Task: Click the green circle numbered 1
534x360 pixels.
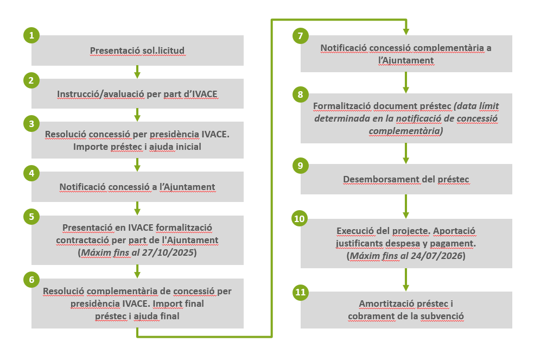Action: (31, 36)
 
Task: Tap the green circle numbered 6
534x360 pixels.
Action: (31, 280)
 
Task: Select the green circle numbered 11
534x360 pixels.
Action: (300, 292)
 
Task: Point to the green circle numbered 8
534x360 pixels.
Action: (300, 95)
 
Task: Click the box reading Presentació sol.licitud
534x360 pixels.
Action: (137, 50)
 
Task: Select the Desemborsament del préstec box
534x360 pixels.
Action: (406, 179)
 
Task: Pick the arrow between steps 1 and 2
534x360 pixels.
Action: (137, 72)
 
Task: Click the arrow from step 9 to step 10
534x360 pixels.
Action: (406, 206)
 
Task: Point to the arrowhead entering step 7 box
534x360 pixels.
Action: (406, 31)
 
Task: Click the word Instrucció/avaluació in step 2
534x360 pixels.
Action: (101, 94)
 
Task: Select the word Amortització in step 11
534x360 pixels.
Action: (383, 303)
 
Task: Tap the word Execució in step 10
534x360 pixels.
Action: (353, 231)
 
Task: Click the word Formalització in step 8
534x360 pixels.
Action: (340, 105)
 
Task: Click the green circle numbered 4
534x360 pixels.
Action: (31, 173)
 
